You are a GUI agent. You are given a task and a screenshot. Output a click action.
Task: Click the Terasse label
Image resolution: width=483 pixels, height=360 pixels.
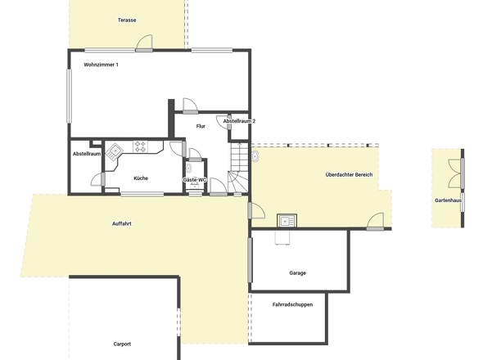[x=127, y=20]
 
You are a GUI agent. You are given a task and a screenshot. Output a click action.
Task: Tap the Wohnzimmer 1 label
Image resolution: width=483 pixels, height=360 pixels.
[x=101, y=65]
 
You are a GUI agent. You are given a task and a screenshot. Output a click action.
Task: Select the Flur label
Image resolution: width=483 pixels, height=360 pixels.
[x=201, y=126]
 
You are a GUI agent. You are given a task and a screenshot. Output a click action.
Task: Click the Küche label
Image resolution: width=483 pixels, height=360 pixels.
[x=141, y=178]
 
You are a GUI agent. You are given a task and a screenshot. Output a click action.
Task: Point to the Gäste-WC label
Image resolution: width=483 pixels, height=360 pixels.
[x=195, y=179]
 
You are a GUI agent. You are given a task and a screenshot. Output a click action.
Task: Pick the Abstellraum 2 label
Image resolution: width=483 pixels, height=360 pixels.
[x=239, y=121]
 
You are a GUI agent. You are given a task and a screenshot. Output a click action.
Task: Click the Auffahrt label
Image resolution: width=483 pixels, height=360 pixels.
[x=122, y=223]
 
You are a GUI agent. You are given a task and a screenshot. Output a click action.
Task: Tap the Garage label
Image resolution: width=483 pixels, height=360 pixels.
[x=297, y=272]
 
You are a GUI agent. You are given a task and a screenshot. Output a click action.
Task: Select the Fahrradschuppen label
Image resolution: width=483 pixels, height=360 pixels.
[x=292, y=304]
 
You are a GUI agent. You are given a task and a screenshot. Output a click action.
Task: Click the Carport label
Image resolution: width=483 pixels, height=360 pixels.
[x=122, y=344]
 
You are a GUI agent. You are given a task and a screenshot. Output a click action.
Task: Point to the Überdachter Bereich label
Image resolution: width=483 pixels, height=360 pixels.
[x=349, y=174]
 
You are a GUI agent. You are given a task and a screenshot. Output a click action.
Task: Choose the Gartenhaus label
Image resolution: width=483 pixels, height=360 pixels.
[x=448, y=200]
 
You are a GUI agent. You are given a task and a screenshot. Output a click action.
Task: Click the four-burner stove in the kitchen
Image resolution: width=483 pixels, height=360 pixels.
[x=140, y=146]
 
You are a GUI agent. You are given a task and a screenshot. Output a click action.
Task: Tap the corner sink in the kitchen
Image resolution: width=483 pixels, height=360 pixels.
[x=115, y=151]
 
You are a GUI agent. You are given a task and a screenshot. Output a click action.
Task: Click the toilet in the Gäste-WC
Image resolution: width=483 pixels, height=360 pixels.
[x=188, y=169]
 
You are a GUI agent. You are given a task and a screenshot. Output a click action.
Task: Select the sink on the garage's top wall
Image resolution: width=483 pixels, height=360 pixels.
[x=287, y=220]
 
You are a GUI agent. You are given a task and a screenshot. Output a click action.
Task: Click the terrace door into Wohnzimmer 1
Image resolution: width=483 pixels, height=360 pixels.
[x=144, y=43]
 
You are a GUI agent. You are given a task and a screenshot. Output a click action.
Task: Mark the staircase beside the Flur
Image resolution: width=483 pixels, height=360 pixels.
[x=238, y=168]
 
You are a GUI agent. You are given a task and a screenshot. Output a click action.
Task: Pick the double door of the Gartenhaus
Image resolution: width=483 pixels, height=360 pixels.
[x=456, y=173]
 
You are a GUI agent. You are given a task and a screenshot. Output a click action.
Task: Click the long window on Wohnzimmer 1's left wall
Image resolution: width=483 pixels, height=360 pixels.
[x=69, y=96]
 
